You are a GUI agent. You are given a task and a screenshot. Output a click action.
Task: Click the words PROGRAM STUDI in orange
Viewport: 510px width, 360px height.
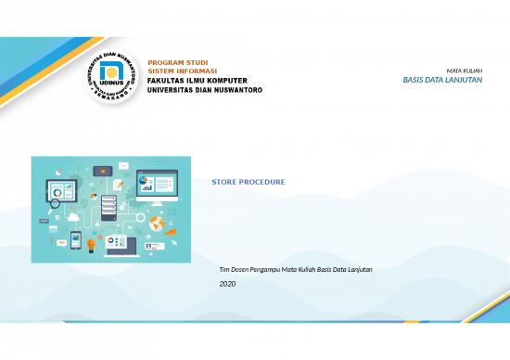(177, 62)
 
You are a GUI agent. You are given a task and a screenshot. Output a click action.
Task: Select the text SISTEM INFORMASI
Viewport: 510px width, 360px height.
(183, 71)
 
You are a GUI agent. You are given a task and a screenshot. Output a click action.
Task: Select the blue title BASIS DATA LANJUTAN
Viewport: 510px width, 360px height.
(441, 81)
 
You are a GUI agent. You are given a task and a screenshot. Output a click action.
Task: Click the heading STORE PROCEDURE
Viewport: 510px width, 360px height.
(249, 182)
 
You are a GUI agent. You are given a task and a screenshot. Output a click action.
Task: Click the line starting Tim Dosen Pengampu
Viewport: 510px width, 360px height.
(295, 269)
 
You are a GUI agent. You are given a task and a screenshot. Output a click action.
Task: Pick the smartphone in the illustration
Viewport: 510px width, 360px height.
(75, 238)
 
